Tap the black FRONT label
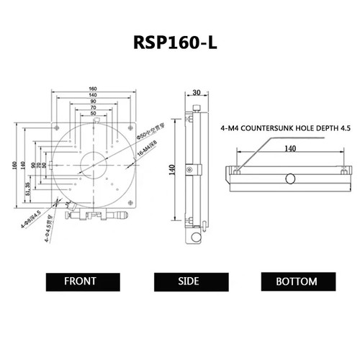point(81,281)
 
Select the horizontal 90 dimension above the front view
point(94,102)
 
